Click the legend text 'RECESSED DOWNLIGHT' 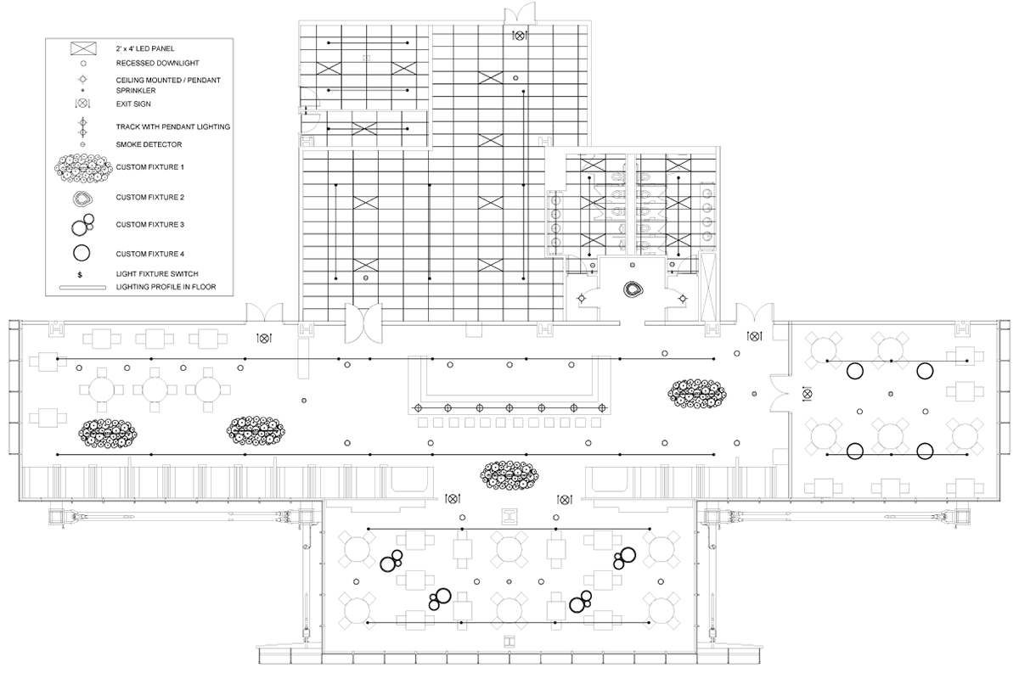pos(157,63)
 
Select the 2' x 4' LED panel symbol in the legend pos(83,48)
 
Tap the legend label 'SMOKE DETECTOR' pos(149,144)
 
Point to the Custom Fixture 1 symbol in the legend pos(83,167)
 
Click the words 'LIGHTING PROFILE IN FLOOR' pos(166,287)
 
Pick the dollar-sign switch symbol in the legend pos(80,275)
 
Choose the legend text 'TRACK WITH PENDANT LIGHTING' pos(173,126)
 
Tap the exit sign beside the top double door pos(519,35)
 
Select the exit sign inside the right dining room pos(807,394)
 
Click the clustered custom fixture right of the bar pos(696,393)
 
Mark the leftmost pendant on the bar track pos(418,408)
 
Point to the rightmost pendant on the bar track pos(602,408)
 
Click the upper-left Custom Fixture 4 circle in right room pos(855,371)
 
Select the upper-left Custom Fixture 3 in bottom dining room pos(391,561)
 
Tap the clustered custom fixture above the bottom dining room pos(509,475)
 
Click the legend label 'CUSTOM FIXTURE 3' pos(149,225)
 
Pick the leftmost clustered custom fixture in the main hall pos(107,434)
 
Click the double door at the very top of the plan pos(520,11)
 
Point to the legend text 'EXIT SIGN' pos(133,104)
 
